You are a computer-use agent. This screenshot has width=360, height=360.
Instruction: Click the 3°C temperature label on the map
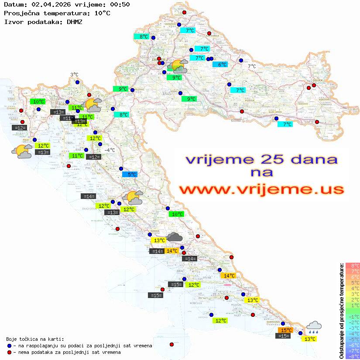pyautogui.click(x=74, y=75)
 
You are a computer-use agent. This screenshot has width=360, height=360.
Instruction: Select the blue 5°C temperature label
pyautogui.click(x=130, y=175)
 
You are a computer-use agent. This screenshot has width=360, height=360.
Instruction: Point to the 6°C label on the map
pyautogui.click(x=222, y=65)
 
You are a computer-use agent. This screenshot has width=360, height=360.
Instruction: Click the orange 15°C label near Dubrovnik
pyautogui.click(x=286, y=330)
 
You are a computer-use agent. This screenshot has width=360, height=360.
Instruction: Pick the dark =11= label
pyautogui.click(x=67, y=118)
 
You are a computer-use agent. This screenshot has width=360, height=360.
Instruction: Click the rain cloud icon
pyautogui.click(x=314, y=327)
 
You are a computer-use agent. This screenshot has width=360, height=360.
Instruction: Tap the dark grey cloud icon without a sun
pyautogui.click(x=175, y=237)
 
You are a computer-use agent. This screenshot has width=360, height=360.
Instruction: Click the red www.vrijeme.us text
pyautogui.click(x=261, y=189)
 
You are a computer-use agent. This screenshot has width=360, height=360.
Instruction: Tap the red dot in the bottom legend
pyautogui.click(x=10, y=352)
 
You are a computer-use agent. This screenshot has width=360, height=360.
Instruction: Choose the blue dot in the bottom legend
pyautogui.click(x=10, y=345)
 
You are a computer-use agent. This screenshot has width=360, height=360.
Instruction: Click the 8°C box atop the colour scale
pyautogui.click(x=353, y=265)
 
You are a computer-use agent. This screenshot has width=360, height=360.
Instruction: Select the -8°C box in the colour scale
pyautogui.click(x=353, y=356)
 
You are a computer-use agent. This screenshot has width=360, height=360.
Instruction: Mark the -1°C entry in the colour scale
pyautogui.click(x=353, y=316)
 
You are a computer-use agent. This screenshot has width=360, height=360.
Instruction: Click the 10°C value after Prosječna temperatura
pyautogui.click(x=102, y=13)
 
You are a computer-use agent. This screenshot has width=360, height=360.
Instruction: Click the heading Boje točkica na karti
pyautogui.click(x=35, y=339)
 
